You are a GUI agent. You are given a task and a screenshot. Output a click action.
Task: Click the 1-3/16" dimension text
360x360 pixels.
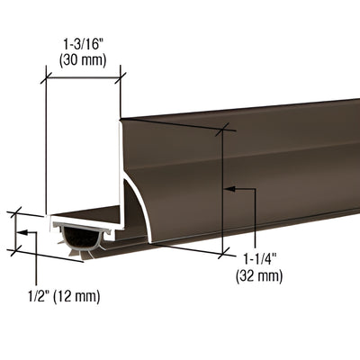84,40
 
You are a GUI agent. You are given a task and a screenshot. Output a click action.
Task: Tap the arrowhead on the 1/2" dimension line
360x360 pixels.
24,233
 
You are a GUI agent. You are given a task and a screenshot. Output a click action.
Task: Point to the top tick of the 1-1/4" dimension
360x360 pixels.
221,130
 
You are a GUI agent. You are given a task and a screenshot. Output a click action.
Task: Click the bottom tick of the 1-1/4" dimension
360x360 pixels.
221,253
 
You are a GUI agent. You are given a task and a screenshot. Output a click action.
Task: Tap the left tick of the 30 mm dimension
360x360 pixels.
45,78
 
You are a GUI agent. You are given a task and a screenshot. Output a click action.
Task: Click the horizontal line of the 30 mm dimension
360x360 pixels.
83,78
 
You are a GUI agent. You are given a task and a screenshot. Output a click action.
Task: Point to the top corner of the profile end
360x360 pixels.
121,117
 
